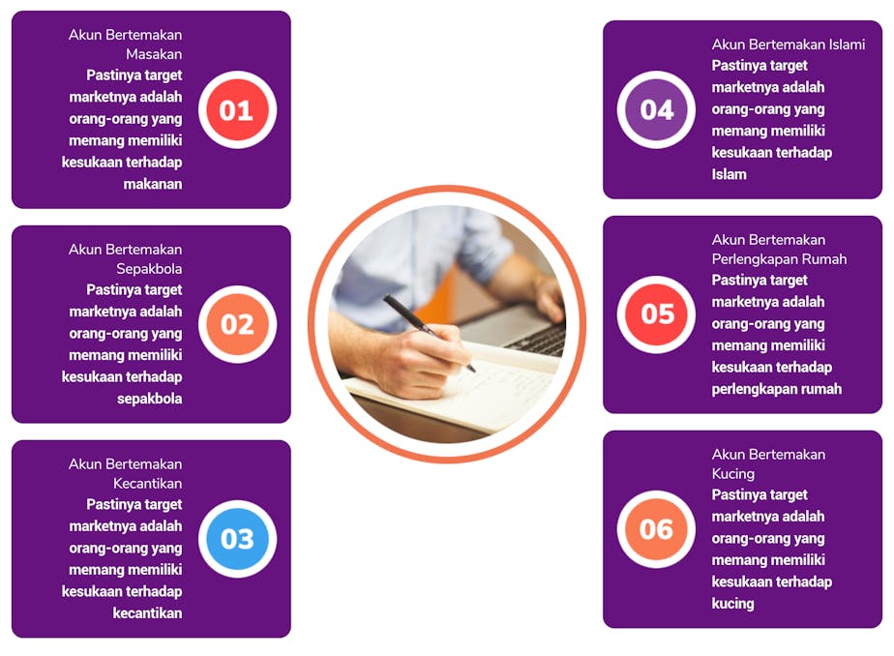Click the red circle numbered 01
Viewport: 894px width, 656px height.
[237, 109]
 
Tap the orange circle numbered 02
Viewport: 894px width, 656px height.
[237, 324]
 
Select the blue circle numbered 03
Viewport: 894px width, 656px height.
[237, 539]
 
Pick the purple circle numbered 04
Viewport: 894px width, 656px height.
[656, 109]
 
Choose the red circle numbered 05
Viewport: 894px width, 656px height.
[656, 314]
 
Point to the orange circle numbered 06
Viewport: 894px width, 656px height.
[656, 529]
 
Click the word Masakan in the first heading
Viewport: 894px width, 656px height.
[154, 54]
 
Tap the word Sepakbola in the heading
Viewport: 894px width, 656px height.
[149, 269]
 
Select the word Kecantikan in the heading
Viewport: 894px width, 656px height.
[148, 484]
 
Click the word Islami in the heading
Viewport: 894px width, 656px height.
[847, 45]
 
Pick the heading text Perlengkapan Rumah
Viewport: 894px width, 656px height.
[779, 259]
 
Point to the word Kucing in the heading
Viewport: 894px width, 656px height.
[732, 474]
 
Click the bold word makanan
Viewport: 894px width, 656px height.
[153, 184]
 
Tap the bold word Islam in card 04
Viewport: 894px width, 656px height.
[729, 174]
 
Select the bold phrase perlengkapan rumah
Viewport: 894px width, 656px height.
[777, 389]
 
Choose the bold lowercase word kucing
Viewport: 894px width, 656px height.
[732, 604]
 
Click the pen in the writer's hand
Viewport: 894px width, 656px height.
[429, 332]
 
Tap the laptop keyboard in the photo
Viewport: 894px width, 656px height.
[539, 340]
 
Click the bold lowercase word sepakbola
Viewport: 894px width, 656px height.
[149, 399]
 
